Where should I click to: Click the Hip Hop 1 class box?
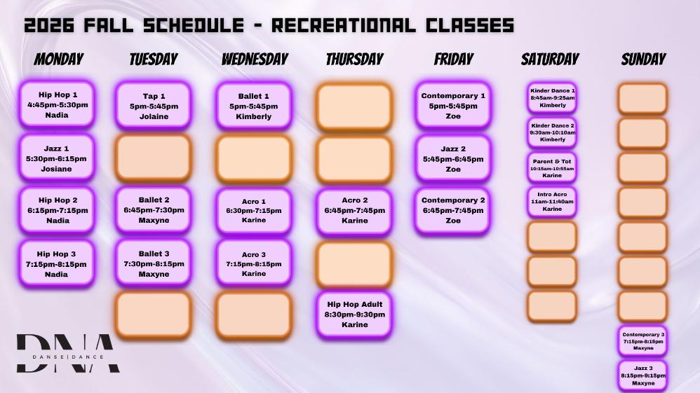(57, 104)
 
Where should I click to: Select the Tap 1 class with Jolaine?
(154, 106)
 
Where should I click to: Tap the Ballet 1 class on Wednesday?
(254, 106)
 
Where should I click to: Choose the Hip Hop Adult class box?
(354, 315)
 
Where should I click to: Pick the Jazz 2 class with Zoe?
(452, 159)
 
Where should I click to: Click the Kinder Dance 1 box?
(552, 97)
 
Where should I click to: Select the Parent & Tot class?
(552, 167)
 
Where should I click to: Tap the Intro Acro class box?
(552, 202)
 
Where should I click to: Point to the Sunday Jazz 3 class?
(643, 375)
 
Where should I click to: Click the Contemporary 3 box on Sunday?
(643, 341)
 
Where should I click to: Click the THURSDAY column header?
(354, 60)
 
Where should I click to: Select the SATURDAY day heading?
(550, 60)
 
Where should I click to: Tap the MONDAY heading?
(59, 60)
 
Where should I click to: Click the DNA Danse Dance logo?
(68, 353)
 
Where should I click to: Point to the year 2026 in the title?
(49, 25)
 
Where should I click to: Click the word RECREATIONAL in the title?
(344, 25)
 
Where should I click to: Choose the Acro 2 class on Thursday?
(354, 211)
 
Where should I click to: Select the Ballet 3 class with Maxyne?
(154, 263)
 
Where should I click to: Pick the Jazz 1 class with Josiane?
(57, 158)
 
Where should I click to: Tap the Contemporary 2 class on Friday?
(452, 210)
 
